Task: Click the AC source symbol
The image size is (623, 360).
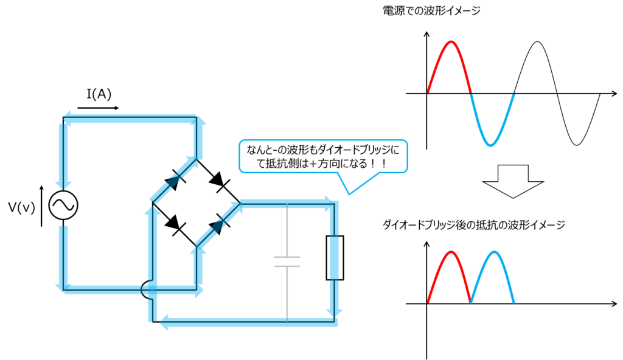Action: point(63,205)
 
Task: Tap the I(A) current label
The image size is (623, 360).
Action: point(99,94)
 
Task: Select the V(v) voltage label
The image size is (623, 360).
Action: point(21,207)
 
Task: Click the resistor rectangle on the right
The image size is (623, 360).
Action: point(335,258)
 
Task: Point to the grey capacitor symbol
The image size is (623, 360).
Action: point(287,261)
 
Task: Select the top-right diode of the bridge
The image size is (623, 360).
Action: point(218,182)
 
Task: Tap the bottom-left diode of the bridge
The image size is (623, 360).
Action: point(175,225)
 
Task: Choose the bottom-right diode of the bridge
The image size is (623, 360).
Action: point(218,225)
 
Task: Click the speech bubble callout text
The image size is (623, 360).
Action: point(322,156)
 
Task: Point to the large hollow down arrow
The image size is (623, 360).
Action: point(513,181)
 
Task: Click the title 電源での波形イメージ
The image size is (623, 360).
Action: point(431,11)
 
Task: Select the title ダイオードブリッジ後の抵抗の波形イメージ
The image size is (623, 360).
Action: point(473,225)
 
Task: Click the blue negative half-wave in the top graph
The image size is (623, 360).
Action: point(492,119)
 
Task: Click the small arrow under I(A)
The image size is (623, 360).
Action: point(98,108)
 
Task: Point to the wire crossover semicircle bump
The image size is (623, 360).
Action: point(147,291)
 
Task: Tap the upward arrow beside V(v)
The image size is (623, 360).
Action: point(41,206)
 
